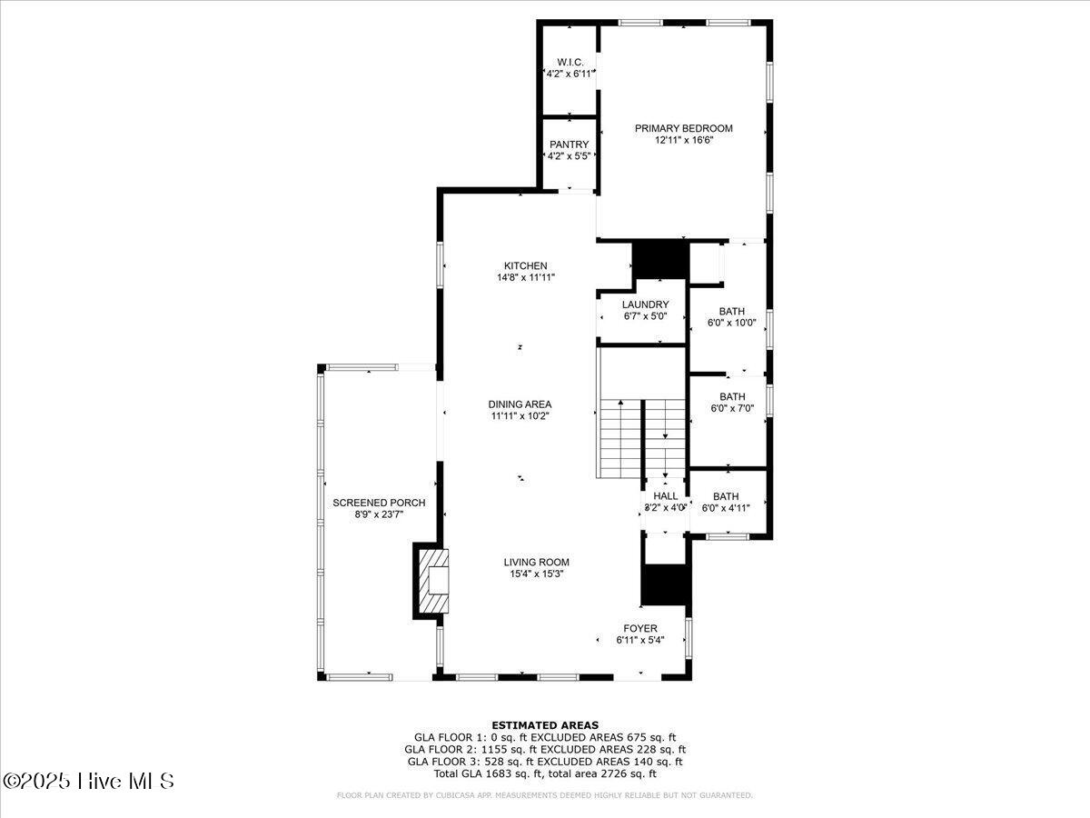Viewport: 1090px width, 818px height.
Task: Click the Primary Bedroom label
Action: [x=683, y=128]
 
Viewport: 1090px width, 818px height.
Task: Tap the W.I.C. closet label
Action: [x=570, y=62]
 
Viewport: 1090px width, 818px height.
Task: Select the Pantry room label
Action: [x=570, y=145]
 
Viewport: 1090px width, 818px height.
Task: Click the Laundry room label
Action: [x=646, y=304]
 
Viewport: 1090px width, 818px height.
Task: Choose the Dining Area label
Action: [x=520, y=404]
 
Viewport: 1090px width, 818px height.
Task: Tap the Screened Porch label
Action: [x=379, y=503]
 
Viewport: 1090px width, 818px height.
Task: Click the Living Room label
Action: [x=537, y=562]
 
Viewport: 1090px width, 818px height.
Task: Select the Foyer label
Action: [x=640, y=628]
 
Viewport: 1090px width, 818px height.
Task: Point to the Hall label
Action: [x=666, y=496]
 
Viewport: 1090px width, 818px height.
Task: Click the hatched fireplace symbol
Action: [x=434, y=581]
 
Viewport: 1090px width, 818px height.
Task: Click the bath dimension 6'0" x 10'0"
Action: [x=732, y=322]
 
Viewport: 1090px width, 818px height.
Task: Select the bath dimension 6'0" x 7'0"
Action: [x=732, y=409]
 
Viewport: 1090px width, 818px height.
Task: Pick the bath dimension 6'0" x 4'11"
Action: [x=726, y=508]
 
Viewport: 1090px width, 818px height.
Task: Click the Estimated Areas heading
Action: [x=545, y=724]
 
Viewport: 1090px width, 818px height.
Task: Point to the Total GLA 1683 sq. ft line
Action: [x=545, y=773]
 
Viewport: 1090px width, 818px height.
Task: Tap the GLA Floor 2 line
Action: [x=545, y=749]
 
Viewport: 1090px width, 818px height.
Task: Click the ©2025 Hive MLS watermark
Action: [x=88, y=781]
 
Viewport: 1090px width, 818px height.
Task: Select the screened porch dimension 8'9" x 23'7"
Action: [x=379, y=514]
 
